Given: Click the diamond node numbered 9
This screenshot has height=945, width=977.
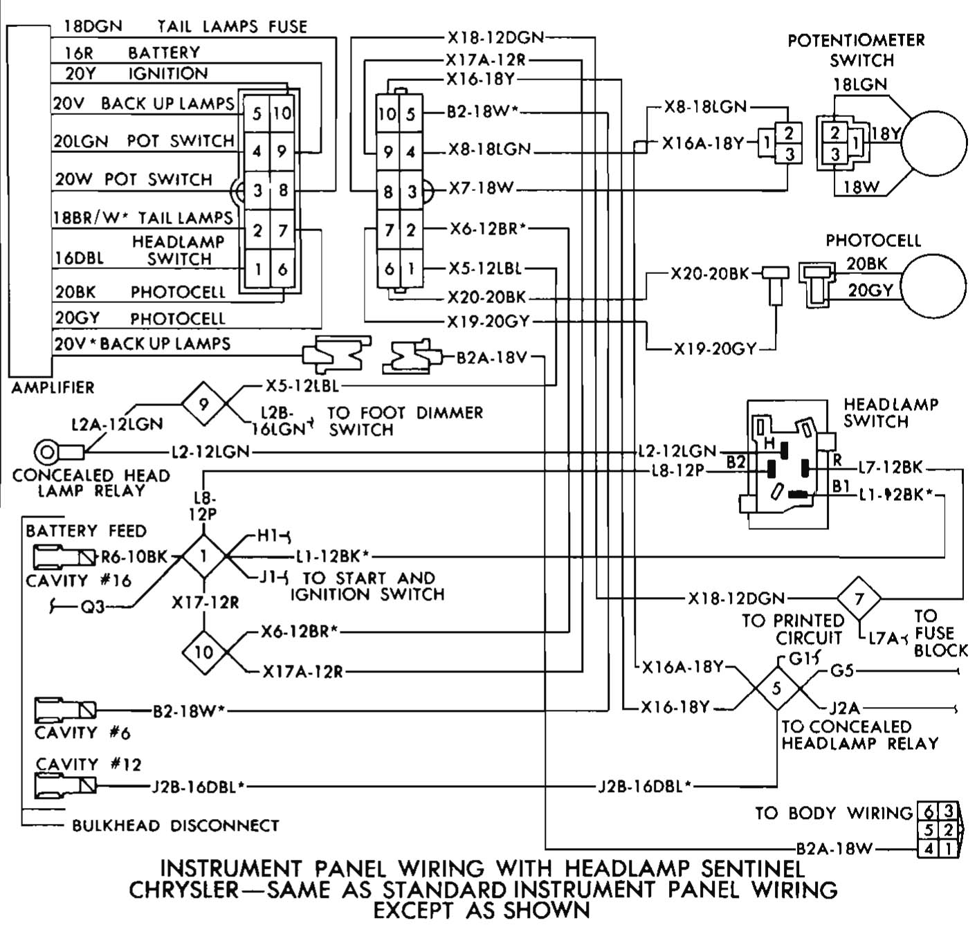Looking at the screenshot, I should (x=203, y=404).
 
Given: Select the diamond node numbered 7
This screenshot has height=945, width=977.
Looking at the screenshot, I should (x=859, y=598).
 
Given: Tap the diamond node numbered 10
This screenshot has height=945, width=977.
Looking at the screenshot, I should (x=203, y=652).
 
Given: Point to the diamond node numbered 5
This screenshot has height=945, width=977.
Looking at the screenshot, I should (x=776, y=688).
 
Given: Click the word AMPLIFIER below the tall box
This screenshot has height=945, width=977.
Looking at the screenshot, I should (x=53, y=387).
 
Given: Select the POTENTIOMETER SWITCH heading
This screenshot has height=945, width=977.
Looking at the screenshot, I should (x=857, y=50).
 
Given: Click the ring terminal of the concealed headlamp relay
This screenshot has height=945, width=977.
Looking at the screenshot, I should (x=47, y=453).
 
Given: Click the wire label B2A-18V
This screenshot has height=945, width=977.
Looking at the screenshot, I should (x=492, y=358).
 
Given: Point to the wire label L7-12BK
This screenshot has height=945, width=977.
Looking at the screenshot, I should (x=890, y=468).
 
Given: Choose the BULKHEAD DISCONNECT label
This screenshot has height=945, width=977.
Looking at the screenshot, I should (x=176, y=825).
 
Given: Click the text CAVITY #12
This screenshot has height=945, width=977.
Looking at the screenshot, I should (x=88, y=764).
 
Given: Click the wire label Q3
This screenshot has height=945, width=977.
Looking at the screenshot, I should (x=92, y=607).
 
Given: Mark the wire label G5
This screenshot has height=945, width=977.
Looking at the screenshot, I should (x=842, y=670).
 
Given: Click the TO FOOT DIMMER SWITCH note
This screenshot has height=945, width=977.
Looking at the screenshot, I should (x=405, y=421).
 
